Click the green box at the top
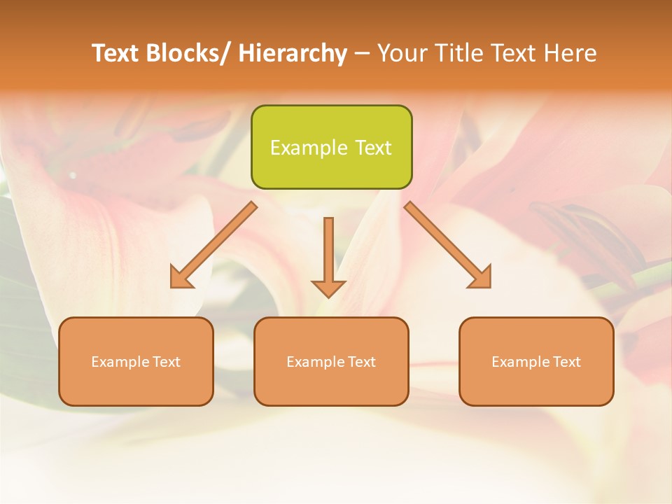[x=331, y=147]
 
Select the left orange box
[x=136, y=361]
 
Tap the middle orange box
[x=331, y=361]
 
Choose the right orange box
[x=536, y=361]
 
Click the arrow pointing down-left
[x=213, y=246]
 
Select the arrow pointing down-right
[x=448, y=245]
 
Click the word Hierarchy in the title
[x=293, y=53]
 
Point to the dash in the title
[x=362, y=54]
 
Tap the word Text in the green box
[x=372, y=148]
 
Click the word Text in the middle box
[x=360, y=362]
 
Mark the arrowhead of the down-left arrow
[x=180, y=278]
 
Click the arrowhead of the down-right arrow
[x=481, y=278]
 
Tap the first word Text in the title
[x=115, y=53]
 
